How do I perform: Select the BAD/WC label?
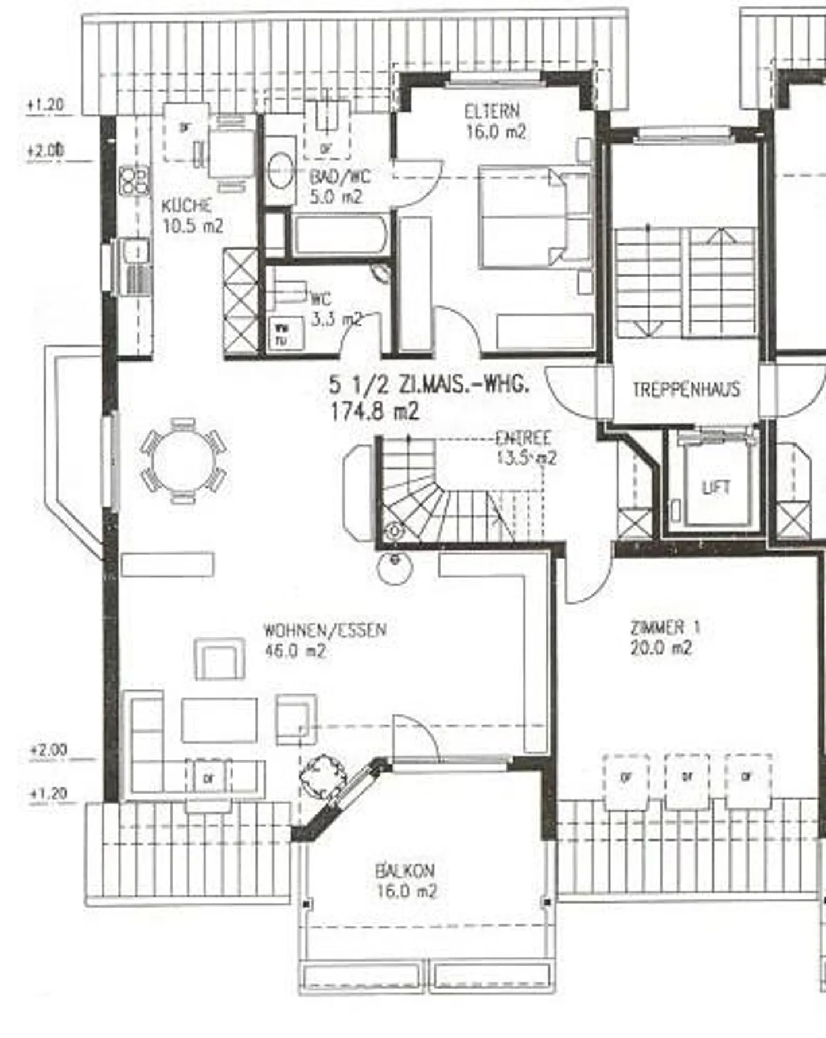(x=340, y=177)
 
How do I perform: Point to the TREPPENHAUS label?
(x=686, y=390)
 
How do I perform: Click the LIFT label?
(x=715, y=488)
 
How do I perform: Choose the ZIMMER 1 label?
(x=665, y=628)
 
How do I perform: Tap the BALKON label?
(x=405, y=871)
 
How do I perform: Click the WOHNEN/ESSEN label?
(x=324, y=630)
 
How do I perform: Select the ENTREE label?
(x=523, y=439)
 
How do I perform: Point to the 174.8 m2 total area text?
(x=375, y=411)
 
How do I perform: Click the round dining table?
(x=184, y=461)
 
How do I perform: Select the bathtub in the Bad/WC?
(x=340, y=235)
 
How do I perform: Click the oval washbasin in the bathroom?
(x=281, y=170)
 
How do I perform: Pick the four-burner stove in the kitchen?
(x=134, y=180)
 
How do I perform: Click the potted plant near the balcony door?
(x=324, y=775)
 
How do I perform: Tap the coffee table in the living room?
(x=219, y=720)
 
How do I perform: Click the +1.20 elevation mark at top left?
(x=45, y=106)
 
